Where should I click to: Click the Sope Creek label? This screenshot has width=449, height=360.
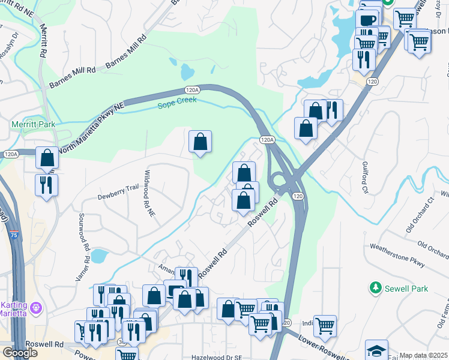click(175, 106)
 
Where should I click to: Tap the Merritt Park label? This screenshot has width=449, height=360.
click(29, 124)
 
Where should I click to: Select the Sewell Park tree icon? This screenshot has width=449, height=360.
click(376, 289)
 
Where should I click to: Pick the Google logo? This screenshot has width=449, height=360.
click(19, 353)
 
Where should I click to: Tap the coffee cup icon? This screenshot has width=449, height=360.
click(367, 19)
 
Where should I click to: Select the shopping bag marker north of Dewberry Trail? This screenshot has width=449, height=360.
click(200, 142)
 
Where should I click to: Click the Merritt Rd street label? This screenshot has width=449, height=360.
click(43, 41)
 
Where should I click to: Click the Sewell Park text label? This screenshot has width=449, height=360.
click(407, 289)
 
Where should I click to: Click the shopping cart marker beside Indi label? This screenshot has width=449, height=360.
click(325, 326)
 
